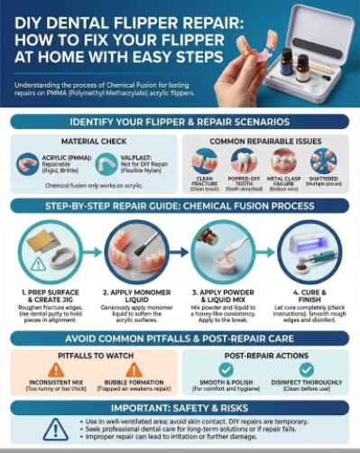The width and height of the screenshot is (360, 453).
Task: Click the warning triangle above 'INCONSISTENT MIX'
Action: click(49, 370)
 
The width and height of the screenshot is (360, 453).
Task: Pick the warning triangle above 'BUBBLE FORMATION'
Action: click(133, 370)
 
